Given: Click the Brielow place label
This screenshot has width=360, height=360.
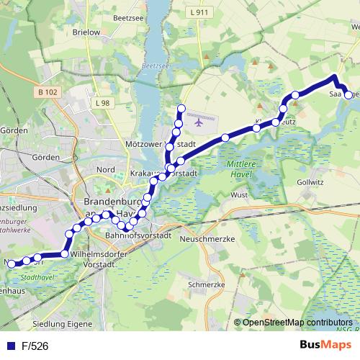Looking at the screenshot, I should click(x=86, y=32).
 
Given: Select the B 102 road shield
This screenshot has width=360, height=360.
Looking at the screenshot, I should click(x=49, y=91).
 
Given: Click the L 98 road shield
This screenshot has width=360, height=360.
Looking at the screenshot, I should click(x=102, y=104).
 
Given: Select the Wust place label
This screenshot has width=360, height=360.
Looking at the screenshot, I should click(x=239, y=194).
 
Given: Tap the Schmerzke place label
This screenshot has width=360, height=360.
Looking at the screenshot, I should click(x=202, y=284).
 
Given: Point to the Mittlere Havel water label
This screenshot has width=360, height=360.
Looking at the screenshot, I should click(x=242, y=169).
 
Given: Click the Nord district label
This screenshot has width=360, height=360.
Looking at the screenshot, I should click(x=106, y=169).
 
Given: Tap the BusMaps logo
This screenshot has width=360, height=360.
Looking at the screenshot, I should click(x=325, y=345).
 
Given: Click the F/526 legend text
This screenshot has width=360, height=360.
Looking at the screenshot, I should click(x=35, y=346).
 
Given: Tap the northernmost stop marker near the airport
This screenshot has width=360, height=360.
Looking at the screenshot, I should click(x=181, y=109).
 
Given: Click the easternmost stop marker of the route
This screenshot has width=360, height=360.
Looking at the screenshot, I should click(x=349, y=94).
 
